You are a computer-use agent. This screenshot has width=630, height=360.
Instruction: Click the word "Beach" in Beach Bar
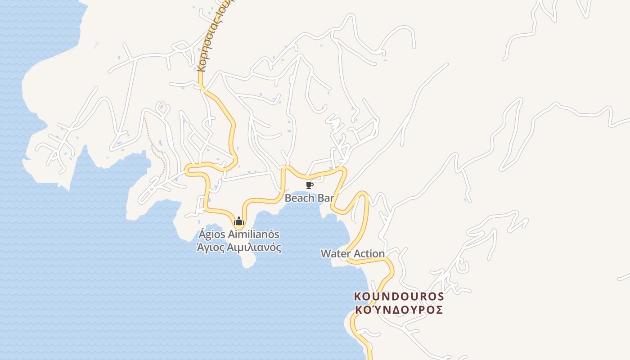tap(297, 198)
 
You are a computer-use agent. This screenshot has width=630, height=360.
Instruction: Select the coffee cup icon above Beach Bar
tap(309, 185)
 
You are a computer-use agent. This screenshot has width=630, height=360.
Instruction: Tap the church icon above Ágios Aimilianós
tap(239, 221)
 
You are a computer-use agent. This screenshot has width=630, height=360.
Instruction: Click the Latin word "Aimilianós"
tap(254, 234)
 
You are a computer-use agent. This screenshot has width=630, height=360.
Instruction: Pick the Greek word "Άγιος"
tap(211, 247)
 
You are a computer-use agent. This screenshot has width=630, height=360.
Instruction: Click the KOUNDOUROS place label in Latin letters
tap(399, 297)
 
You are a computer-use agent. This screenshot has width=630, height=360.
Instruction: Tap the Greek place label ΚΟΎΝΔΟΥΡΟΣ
tap(399, 310)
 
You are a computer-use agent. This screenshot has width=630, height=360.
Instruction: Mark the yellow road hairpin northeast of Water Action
tap(363, 194)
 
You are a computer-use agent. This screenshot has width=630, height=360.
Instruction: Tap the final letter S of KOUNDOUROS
tap(440, 297)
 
